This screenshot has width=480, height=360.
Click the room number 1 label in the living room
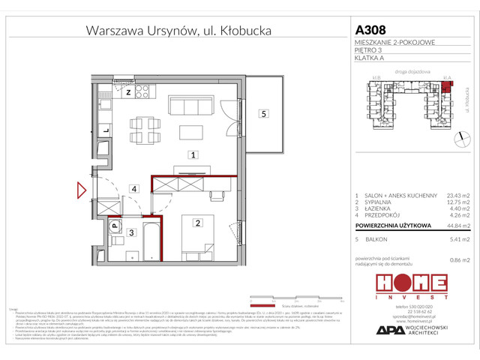193,156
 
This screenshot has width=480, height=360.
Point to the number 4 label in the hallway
133,189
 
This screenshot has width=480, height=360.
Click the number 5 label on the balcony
262,114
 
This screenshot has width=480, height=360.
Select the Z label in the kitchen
128,92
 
